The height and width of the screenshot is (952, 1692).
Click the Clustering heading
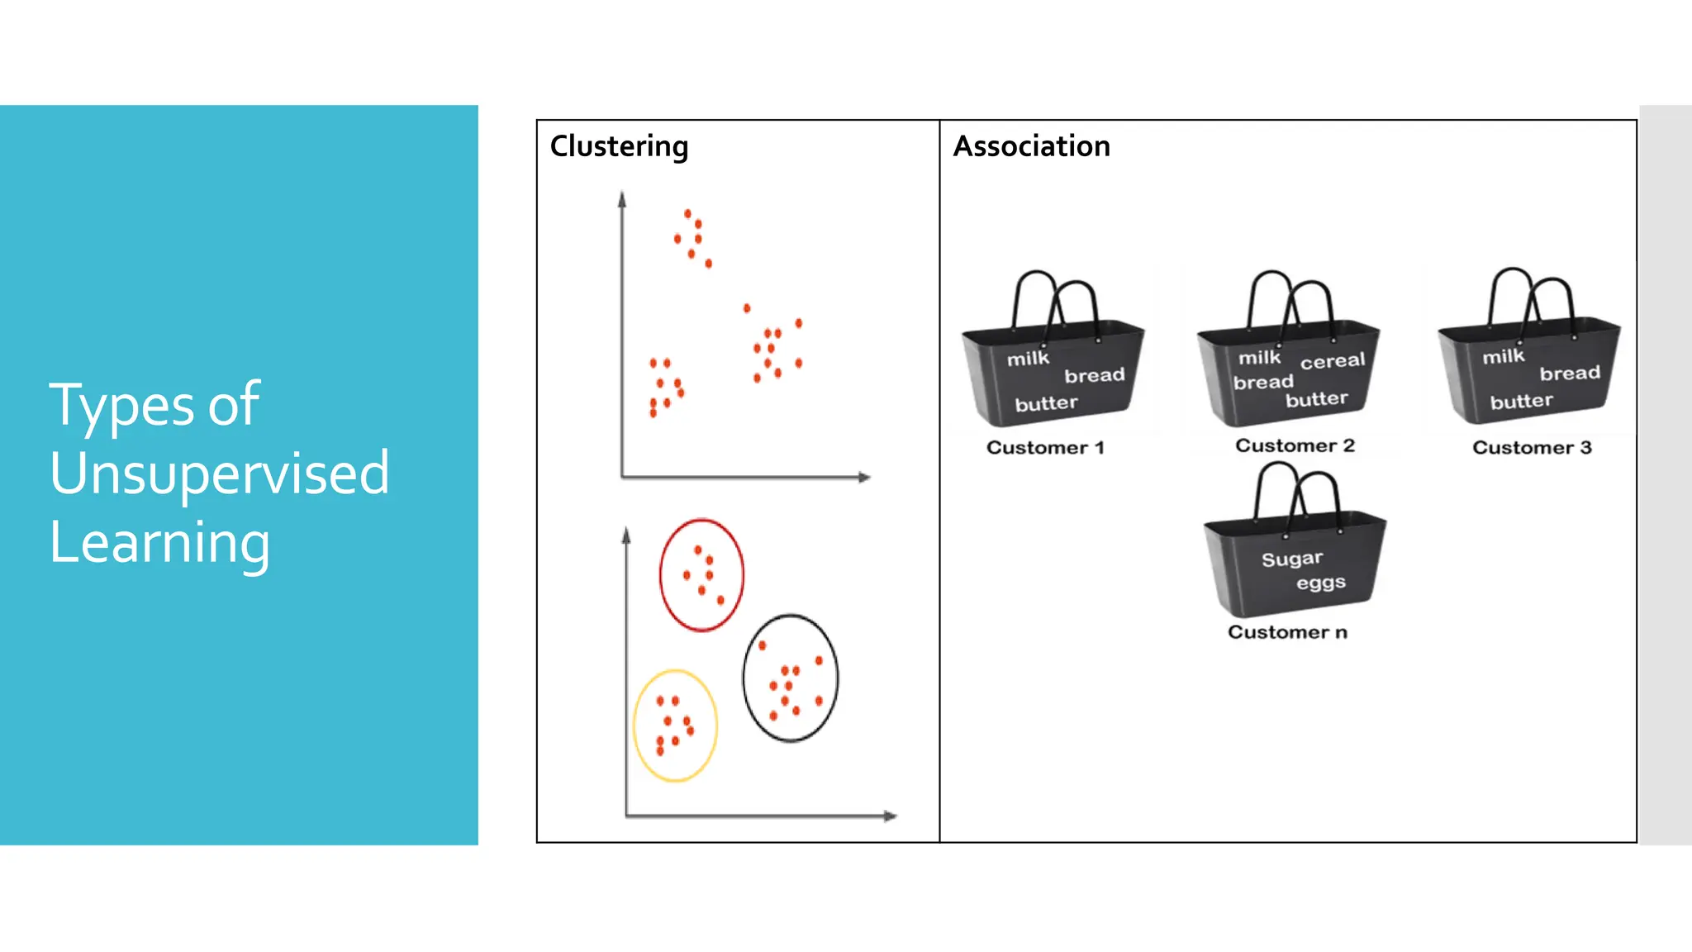click(x=619, y=146)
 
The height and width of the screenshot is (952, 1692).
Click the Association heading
click(x=1031, y=146)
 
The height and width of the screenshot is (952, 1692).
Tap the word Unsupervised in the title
click(x=219, y=473)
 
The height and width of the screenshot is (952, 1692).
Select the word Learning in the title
click(x=159, y=542)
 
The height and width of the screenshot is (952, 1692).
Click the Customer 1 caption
click(x=1044, y=448)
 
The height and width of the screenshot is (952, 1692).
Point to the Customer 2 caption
click(x=1295, y=445)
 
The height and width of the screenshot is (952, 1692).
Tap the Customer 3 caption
click(x=1531, y=448)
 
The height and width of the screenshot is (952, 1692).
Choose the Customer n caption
click(x=1287, y=632)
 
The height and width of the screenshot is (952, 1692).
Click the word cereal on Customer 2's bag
click(x=1333, y=361)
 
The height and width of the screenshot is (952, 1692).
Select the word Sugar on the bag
click(x=1292, y=559)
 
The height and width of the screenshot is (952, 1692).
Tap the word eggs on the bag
click(x=1321, y=583)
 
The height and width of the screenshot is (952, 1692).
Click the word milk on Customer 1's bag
click(x=1028, y=359)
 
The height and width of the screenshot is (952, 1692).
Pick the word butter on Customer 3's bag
click(x=1521, y=402)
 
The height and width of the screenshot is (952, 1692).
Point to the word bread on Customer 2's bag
click(x=1263, y=382)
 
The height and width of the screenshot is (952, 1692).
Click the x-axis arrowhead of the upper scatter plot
click(x=864, y=477)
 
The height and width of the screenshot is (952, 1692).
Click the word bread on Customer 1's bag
click(x=1094, y=376)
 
